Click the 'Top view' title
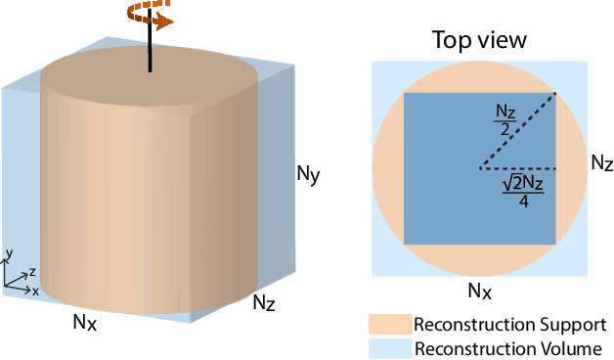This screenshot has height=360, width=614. (479, 40)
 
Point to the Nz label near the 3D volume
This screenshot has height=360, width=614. (264, 302)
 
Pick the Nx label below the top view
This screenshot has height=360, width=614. (478, 291)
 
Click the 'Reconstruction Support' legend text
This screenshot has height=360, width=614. (509, 325)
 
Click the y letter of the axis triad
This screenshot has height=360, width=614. (9, 253)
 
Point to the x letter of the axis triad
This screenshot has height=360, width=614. (35, 291)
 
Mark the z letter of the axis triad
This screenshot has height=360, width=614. (31, 270)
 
